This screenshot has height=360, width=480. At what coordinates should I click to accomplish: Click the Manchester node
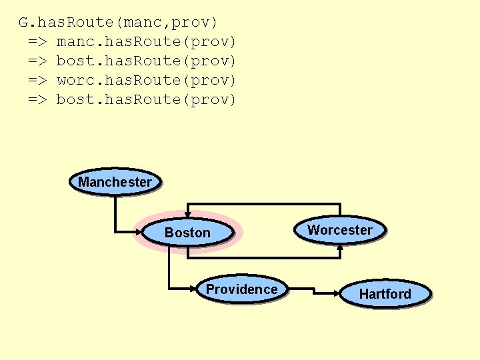pyautogui.click(x=115, y=181)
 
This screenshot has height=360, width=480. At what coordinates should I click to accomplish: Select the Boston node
pyautogui.click(x=187, y=233)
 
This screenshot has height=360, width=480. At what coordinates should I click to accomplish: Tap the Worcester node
pyautogui.click(x=340, y=230)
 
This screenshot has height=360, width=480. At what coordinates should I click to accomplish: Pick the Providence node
pyautogui.click(x=241, y=289)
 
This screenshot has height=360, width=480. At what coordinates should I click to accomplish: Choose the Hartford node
pyautogui.click(x=385, y=294)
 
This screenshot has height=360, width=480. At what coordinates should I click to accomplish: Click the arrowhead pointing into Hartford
pyautogui.click(x=337, y=291)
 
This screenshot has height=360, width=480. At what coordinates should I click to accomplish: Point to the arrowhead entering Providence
pyautogui.click(x=194, y=289)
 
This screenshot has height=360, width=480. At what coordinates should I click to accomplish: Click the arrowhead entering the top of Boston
pyautogui.click(x=188, y=213)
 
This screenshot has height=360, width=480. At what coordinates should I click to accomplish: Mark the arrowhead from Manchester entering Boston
pyautogui.click(x=140, y=232)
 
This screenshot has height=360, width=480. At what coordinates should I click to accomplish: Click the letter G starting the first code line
pyautogui.click(x=23, y=23)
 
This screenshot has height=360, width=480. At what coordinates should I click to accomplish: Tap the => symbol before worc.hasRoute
pyautogui.click(x=37, y=81)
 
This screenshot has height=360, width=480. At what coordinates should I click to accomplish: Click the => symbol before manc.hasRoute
pyautogui.click(x=37, y=42)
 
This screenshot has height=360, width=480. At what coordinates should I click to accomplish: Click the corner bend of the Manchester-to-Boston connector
pyautogui.click(x=115, y=232)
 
